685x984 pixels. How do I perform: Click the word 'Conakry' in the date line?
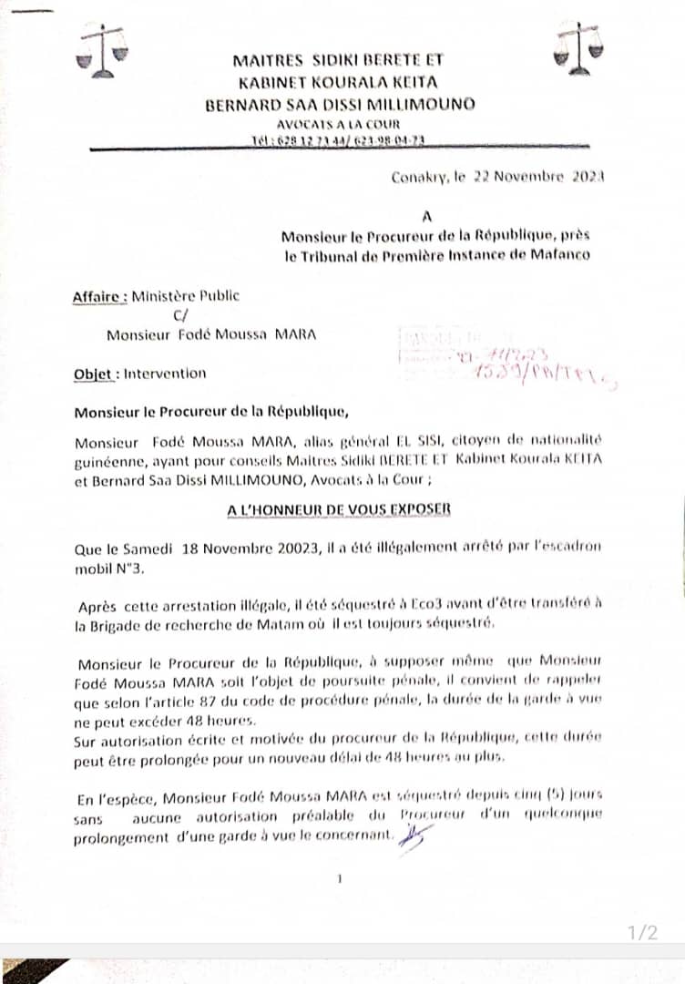point(420,178)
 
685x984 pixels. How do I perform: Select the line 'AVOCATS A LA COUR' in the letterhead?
point(339,124)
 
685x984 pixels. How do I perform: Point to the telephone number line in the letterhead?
point(338,141)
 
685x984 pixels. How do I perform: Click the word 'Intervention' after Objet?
point(165,373)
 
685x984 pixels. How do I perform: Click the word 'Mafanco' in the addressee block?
point(557,255)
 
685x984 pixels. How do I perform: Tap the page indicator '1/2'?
point(642,932)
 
